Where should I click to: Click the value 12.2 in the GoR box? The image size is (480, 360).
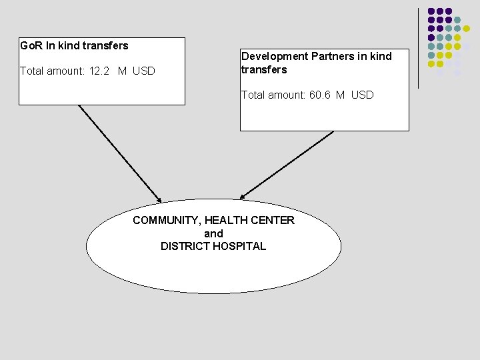101,71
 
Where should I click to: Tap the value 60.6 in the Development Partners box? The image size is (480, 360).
321,95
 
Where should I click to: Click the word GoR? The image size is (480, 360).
29,46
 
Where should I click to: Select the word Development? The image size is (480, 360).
275,57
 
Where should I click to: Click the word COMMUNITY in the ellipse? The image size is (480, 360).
167,220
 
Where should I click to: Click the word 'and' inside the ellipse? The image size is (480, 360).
213,233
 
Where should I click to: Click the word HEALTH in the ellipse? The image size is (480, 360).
227,220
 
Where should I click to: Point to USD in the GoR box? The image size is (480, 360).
144,71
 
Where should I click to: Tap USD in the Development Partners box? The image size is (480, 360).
363,95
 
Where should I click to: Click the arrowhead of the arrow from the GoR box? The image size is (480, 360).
159,199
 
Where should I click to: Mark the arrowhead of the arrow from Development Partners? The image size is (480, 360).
243,197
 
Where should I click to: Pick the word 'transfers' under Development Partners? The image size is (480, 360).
264,69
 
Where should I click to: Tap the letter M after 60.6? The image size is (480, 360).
340,95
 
